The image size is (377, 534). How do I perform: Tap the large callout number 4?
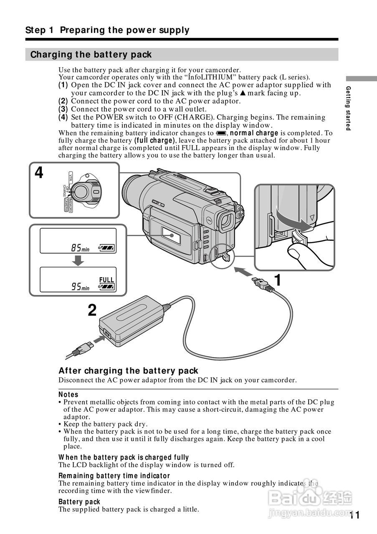click(x=39, y=173)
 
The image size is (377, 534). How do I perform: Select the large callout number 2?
click(x=92, y=310)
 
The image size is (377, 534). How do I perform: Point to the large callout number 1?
click(x=276, y=280)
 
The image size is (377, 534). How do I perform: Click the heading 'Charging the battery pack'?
click(x=91, y=55)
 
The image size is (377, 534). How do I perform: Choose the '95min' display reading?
click(x=80, y=287)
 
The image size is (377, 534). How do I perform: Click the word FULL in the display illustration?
click(x=106, y=280)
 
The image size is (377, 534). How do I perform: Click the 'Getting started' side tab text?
click(x=348, y=108)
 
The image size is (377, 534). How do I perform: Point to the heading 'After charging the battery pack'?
click(x=128, y=371)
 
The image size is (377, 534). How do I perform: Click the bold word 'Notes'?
click(x=68, y=394)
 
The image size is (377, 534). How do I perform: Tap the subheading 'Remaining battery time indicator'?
click(x=114, y=476)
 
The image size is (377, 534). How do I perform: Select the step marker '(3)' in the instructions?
click(x=63, y=109)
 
